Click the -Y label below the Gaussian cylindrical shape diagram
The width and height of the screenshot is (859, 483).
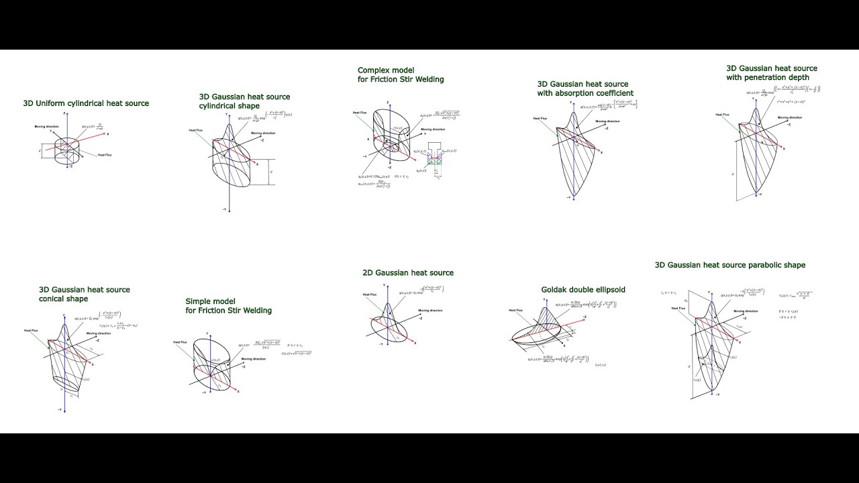click(223, 210)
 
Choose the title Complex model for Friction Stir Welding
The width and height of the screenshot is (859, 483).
click(400, 74)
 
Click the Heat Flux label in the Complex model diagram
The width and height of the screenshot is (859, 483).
click(360, 113)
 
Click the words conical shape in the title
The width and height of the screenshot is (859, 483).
click(63, 299)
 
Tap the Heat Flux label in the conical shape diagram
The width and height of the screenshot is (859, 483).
click(32, 330)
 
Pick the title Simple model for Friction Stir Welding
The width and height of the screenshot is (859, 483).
click(228, 306)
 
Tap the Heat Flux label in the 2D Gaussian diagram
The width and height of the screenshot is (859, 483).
click(369, 294)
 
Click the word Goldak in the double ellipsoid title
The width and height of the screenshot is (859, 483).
click(556, 290)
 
